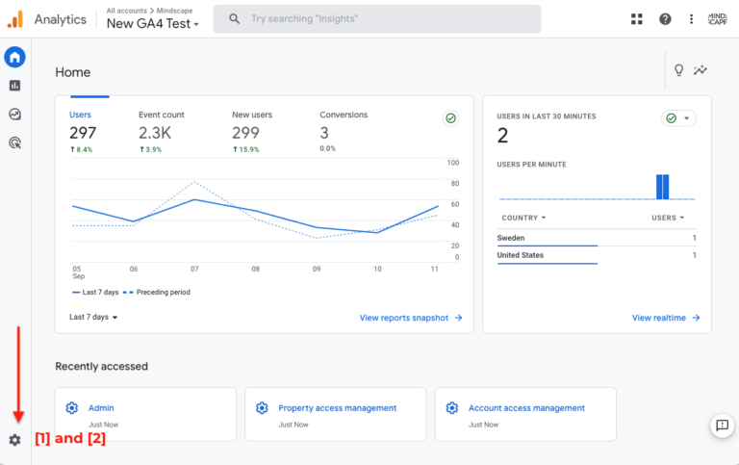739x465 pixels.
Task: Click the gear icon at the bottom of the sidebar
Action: click(14, 440)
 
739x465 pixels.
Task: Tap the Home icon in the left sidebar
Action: click(14, 58)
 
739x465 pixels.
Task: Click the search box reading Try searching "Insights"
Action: click(376, 19)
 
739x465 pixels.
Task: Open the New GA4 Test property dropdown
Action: click(153, 24)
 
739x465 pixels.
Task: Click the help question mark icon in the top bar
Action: click(665, 19)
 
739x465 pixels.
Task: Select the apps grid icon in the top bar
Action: click(636, 19)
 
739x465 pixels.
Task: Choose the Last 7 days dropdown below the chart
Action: click(93, 317)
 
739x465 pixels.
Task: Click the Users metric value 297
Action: click(83, 133)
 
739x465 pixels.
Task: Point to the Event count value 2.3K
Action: click(155, 133)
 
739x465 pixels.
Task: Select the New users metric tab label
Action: click(253, 115)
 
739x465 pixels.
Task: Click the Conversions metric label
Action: click(344, 115)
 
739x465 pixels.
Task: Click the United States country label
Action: click(521, 255)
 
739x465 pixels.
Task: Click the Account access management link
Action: click(526, 408)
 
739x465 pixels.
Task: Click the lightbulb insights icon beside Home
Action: click(678, 70)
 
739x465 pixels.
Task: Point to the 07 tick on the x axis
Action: click(194, 270)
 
